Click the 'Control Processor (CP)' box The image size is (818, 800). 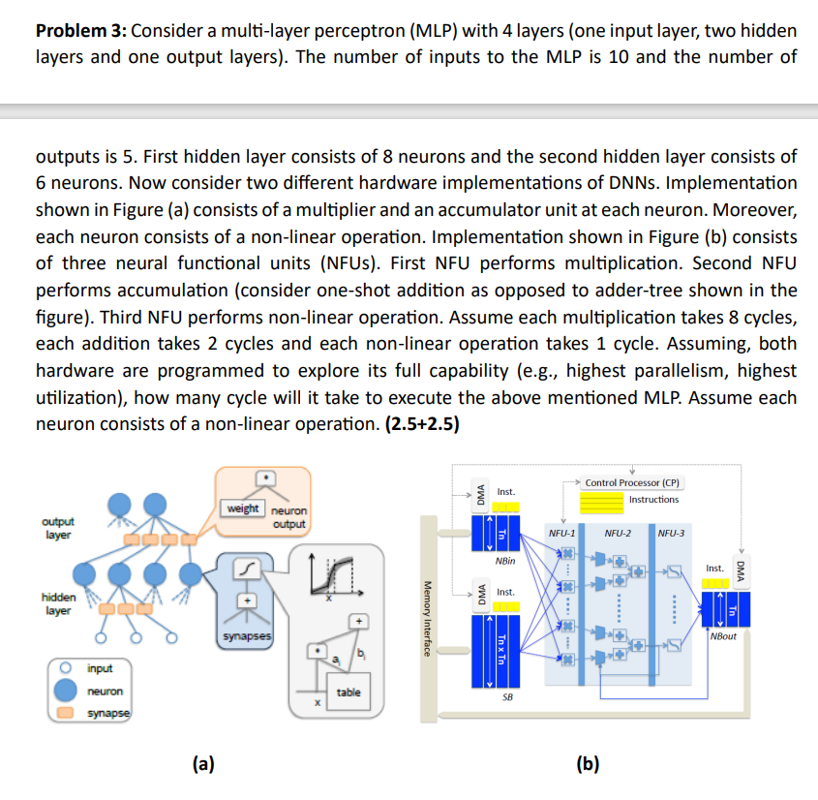(631, 481)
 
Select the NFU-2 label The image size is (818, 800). (618, 533)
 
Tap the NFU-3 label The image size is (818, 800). (670, 533)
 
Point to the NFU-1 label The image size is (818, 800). (562, 533)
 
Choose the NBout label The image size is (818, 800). (722, 636)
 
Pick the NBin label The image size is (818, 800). (504, 561)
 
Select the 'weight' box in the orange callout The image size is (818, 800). (242, 508)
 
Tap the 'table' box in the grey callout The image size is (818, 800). (348, 692)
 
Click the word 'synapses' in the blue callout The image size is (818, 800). (247, 637)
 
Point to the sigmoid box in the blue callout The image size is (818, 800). (248, 574)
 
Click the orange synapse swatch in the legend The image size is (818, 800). (67, 713)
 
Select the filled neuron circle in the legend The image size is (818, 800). (67, 691)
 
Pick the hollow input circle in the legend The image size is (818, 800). (67, 668)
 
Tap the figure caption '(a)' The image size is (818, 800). (202, 764)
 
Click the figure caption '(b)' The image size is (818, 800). (588, 764)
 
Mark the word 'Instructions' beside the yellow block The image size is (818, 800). (653, 500)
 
